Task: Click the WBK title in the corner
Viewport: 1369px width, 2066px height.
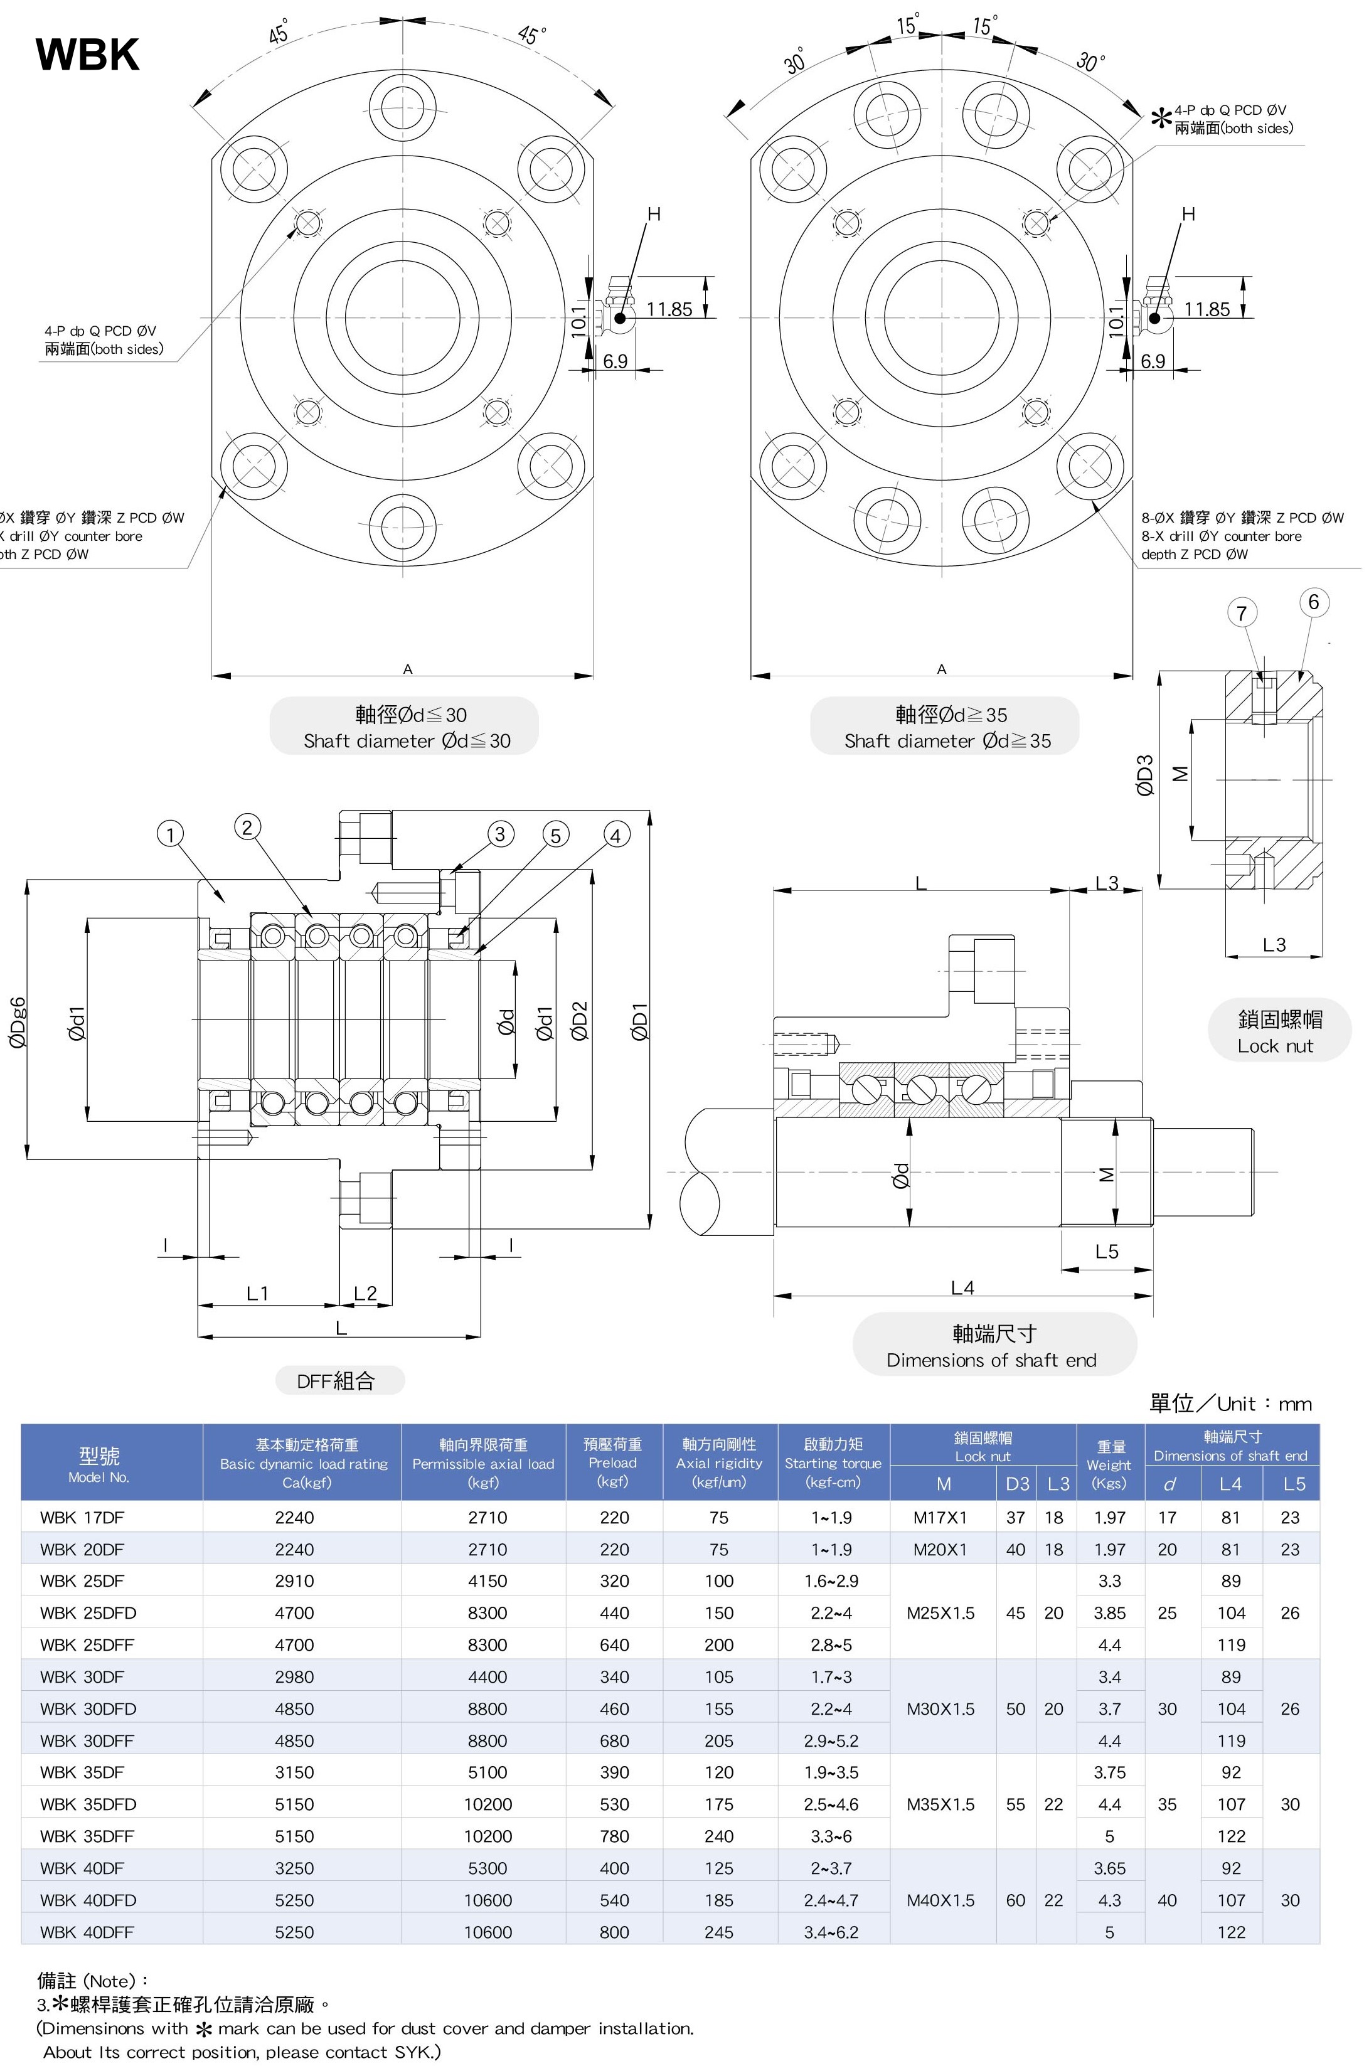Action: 87,54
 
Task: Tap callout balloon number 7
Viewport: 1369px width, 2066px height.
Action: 1242,613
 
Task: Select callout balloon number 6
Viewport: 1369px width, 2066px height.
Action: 1313,602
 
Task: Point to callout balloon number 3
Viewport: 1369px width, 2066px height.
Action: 499,834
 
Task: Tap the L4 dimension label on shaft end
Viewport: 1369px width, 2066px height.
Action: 962,1287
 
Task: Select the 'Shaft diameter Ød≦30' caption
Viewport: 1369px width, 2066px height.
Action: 406,740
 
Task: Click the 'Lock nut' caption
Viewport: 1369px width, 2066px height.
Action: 1275,1046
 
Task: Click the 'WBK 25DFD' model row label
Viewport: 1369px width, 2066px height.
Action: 88,1612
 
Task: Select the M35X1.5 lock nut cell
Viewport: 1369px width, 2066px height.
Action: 940,1804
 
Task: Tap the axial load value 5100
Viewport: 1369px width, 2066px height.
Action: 487,1772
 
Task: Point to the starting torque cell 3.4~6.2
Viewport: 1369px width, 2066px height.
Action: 831,1932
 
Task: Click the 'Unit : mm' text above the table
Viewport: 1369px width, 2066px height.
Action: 1230,1403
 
